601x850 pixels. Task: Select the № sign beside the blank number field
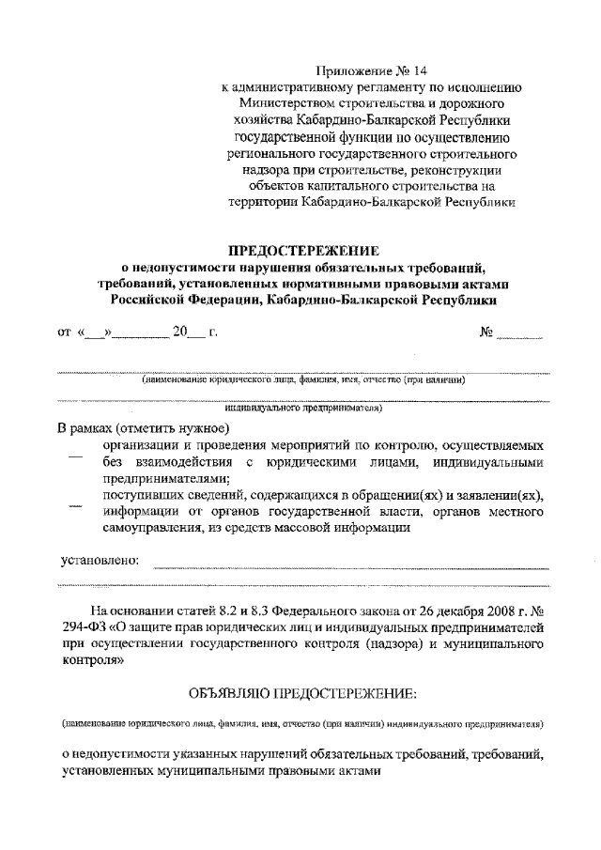click(x=486, y=332)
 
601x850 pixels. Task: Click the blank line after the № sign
click(x=520, y=335)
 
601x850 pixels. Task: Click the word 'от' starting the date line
click(x=64, y=332)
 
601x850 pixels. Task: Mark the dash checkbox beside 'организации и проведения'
click(x=77, y=458)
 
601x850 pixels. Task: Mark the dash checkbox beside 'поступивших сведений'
click(x=77, y=508)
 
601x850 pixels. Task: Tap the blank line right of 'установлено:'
click(x=347, y=565)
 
